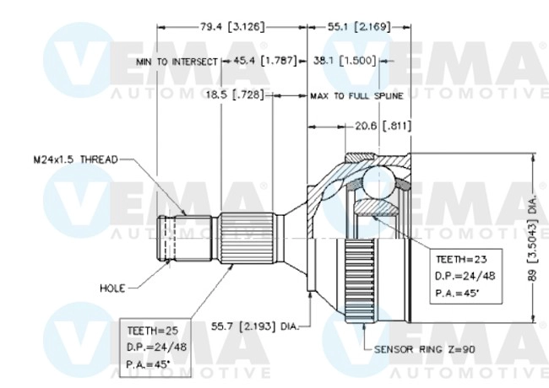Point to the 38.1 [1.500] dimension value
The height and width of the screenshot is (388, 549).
[345, 61]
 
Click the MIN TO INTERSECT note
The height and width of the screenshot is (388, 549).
[177, 62]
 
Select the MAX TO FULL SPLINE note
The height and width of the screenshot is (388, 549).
[356, 95]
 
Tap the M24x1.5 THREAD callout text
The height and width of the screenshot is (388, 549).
[71, 159]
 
